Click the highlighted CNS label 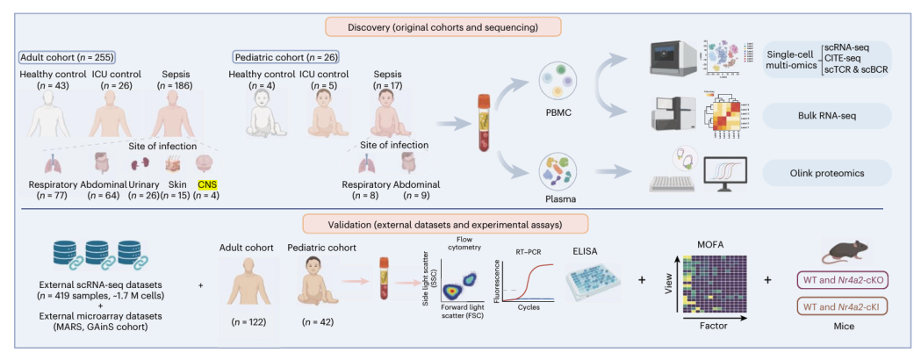click(x=207, y=185)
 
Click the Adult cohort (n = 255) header click(x=71, y=57)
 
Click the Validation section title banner click(x=461, y=224)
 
